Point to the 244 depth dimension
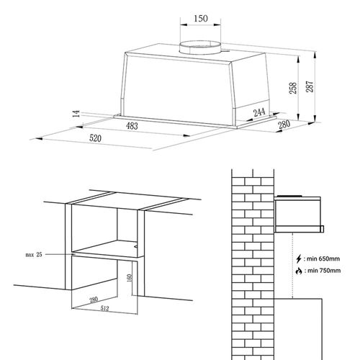tap(259, 113)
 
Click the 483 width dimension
tap(131, 126)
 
